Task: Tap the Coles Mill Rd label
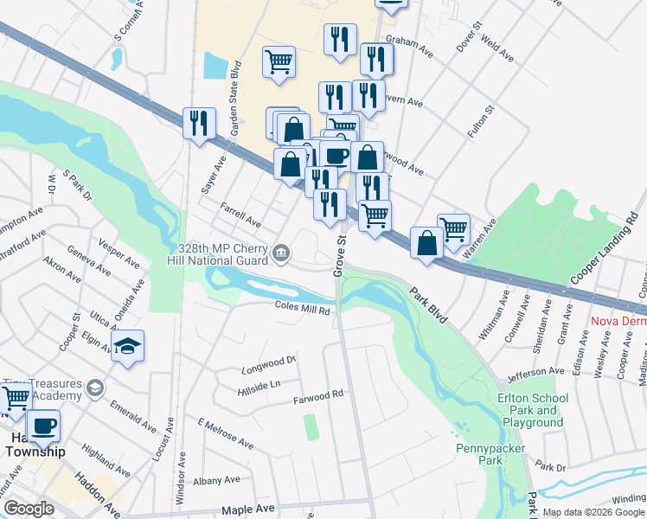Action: pyautogui.click(x=303, y=309)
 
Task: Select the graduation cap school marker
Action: pyautogui.click(x=127, y=348)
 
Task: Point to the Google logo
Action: pyautogui.click(x=29, y=508)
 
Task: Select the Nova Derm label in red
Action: pyautogui.click(x=618, y=322)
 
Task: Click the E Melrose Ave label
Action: pyautogui.click(x=225, y=434)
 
